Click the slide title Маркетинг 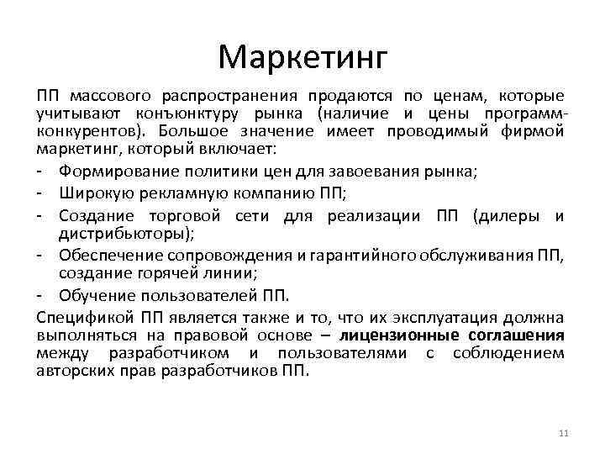tap(302, 57)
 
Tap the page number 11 tap(563, 433)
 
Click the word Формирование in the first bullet tap(113, 172)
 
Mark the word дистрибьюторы tap(123, 231)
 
